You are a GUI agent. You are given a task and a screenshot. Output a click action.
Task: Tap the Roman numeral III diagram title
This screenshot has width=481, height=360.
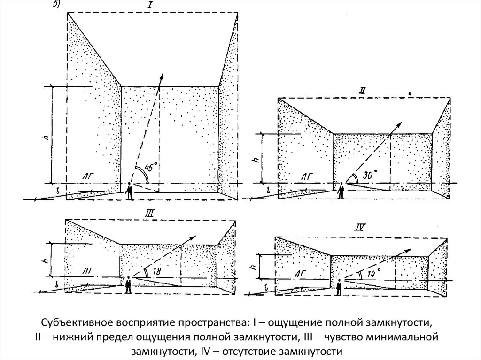152,214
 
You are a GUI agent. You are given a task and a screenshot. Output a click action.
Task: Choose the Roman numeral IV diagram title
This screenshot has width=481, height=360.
360,229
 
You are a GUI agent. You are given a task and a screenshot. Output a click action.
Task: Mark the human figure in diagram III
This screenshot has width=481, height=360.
128,284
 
